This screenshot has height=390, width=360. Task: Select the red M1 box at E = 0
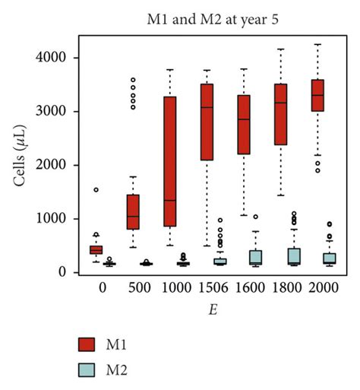point(96,249)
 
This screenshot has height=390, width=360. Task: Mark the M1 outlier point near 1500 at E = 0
point(96,189)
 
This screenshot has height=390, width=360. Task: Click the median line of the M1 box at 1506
point(207,107)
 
